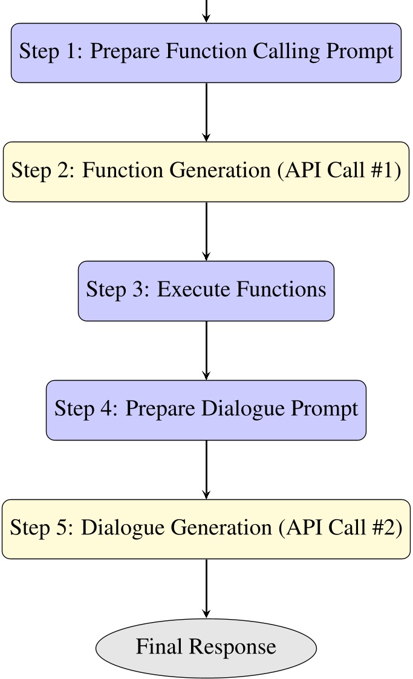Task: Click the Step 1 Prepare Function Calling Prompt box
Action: [x=206, y=53]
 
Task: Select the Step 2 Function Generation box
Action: [x=206, y=172]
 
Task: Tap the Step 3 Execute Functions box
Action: [x=206, y=290]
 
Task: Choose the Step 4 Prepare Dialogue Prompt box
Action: [x=206, y=410]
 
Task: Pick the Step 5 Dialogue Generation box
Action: [x=206, y=529]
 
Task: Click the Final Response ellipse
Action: [x=206, y=648]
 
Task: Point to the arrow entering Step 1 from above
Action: [x=206, y=11]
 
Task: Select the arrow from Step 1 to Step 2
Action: [x=206, y=112]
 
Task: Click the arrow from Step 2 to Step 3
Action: [x=206, y=231]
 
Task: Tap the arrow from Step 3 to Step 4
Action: [x=206, y=350]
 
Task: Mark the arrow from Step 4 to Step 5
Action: [x=206, y=470]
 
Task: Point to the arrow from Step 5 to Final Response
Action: [x=206, y=588]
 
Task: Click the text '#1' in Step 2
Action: [x=387, y=171]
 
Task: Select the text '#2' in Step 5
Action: [x=388, y=528]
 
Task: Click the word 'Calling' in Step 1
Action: [x=287, y=52]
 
